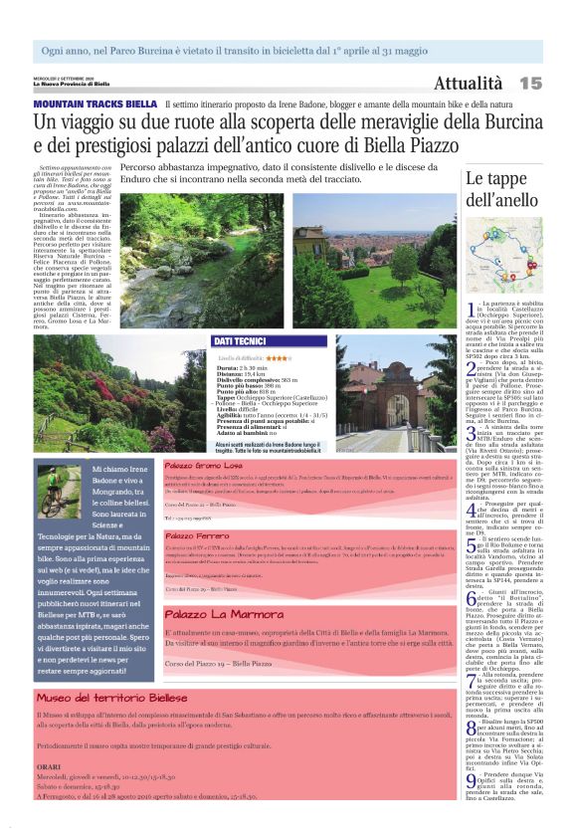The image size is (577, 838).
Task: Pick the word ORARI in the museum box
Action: coord(50,766)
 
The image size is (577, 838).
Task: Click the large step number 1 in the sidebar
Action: coord(472,311)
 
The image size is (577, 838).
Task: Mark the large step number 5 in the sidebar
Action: coord(472,543)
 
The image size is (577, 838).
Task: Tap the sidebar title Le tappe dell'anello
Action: coord(502,189)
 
